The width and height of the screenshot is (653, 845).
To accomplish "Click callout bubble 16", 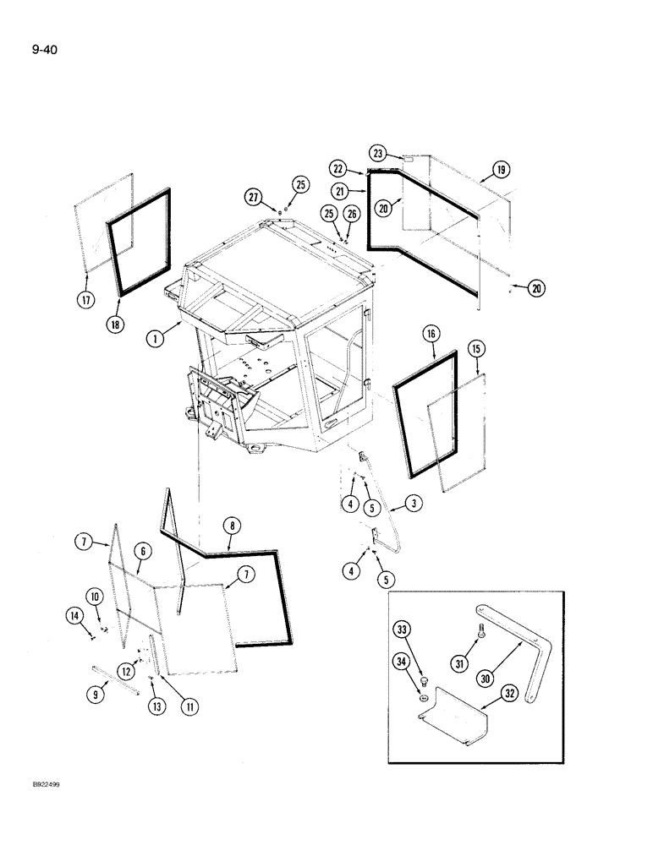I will [x=432, y=335].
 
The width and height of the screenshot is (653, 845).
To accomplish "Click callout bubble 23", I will [x=378, y=154].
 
